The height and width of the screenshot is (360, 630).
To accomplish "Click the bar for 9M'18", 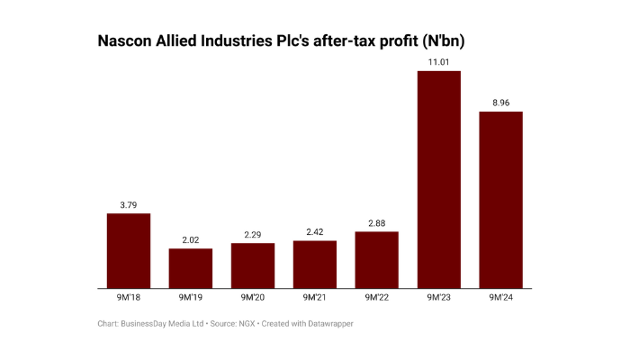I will tap(129, 251).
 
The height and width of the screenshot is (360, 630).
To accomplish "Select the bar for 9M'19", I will tap(191, 268).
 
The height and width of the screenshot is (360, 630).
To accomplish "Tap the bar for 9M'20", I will tap(253, 265).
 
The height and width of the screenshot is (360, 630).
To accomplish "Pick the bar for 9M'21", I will tap(315, 265).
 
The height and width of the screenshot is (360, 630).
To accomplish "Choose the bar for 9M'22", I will tap(377, 260).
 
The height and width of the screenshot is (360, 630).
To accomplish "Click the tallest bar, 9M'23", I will tap(439, 180).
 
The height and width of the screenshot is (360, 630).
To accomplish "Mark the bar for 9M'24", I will tap(501, 200).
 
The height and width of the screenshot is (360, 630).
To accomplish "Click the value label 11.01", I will tap(439, 62).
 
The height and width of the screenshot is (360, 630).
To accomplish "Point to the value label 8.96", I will tap(501, 103).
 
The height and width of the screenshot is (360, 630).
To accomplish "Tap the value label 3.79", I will tap(129, 204).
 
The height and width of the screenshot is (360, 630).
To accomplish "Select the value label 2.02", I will tap(191, 239).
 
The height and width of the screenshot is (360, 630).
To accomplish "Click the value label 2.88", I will tap(377, 222).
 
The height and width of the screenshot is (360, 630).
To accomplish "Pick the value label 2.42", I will tap(315, 231).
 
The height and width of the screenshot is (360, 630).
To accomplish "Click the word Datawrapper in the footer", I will tap(328, 323).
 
